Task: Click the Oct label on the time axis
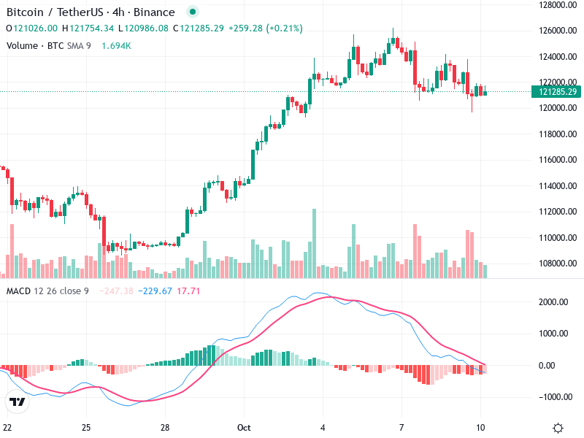(x=245, y=427)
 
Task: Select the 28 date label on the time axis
(x=166, y=427)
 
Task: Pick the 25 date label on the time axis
(x=86, y=427)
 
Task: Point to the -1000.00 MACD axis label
(x=555, y=396)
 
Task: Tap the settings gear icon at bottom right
(x=558, y=427)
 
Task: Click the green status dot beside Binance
(x=191, y=12)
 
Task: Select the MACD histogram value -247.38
(x=118, y=291)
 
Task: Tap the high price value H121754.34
(x=88, y=28)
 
